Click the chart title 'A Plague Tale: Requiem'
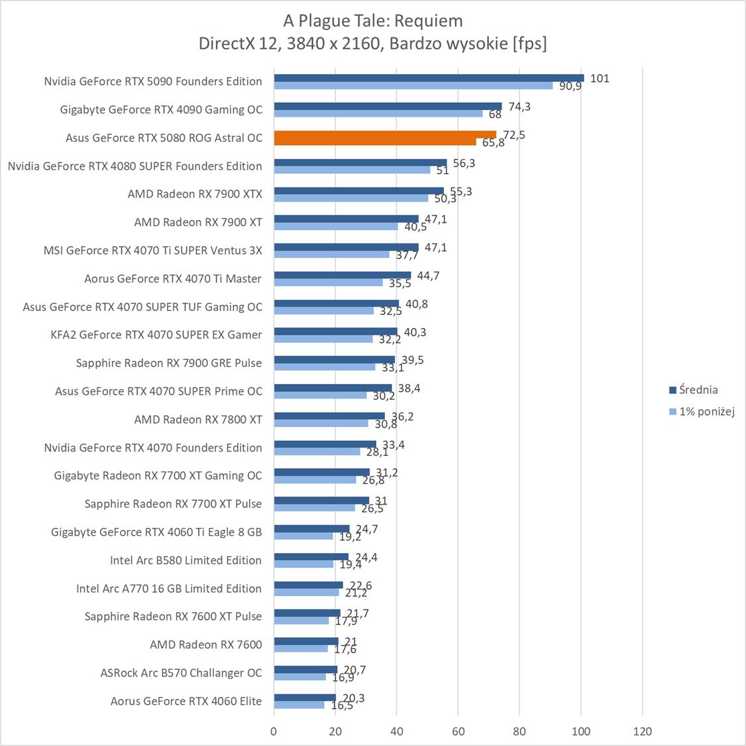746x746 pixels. [372, 21]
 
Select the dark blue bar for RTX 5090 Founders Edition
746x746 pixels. [429, 78]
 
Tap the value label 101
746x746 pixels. [600, 78]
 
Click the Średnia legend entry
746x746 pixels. [697, 390]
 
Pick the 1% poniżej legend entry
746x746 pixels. [706, 412]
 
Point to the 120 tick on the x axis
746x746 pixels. [642, 731]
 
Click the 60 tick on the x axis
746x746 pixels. [458, 731]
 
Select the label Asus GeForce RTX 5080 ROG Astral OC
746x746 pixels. [164, 138]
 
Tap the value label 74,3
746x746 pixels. [519, 106]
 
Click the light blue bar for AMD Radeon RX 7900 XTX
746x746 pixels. [351, 198]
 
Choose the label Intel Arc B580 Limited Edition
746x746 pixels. [186, 560]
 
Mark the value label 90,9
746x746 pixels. [570, 86]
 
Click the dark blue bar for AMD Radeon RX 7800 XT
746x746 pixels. [329, 416]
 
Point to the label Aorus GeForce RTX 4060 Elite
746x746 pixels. [186, 701]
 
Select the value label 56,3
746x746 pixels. [464, 163]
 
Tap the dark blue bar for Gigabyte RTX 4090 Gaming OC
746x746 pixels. [388, 106]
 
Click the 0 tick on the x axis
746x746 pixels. [274, 731]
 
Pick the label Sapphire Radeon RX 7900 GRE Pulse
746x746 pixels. [169, 363]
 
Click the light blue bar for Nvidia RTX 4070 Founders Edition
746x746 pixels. [317, 452]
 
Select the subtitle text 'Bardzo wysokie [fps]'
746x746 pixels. [468, 44]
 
